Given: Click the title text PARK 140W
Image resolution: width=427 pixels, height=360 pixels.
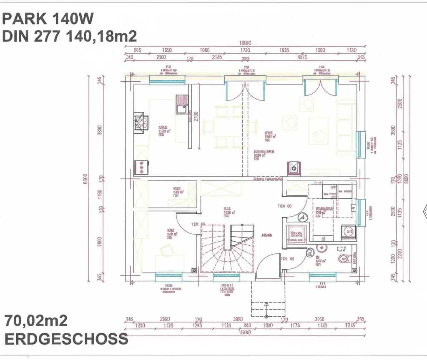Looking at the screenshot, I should (x=48, y=19).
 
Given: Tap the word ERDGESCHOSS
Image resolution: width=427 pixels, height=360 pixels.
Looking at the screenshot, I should (x=66, y=338).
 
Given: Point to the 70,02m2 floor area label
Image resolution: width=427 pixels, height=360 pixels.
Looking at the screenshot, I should (x=36, y=321).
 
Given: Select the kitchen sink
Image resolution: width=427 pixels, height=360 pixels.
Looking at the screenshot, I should (x=182, y=105).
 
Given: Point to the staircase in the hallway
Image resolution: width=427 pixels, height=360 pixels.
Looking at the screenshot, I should (x=227, y=248).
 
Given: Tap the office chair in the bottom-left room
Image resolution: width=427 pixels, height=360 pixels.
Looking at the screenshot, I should (x=166, y=250).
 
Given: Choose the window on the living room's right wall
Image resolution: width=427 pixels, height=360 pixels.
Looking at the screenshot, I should (x=360, y=145).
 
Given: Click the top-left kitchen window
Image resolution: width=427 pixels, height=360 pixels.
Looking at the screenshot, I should (x=167, y=79).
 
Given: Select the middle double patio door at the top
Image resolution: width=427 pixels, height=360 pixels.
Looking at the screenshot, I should (x=245, y=90).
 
